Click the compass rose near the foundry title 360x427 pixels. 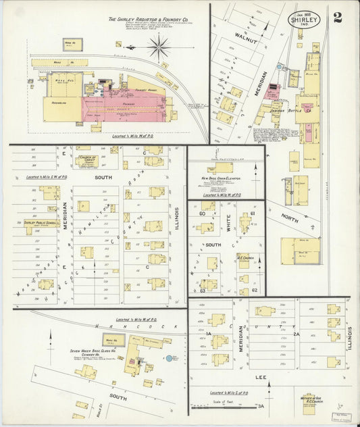(159, 47)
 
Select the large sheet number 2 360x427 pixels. (337, 18)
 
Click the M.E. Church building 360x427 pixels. (244, 260)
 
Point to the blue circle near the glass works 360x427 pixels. (169, 357)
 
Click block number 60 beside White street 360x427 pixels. (201, 214)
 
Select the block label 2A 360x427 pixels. (295, 334)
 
